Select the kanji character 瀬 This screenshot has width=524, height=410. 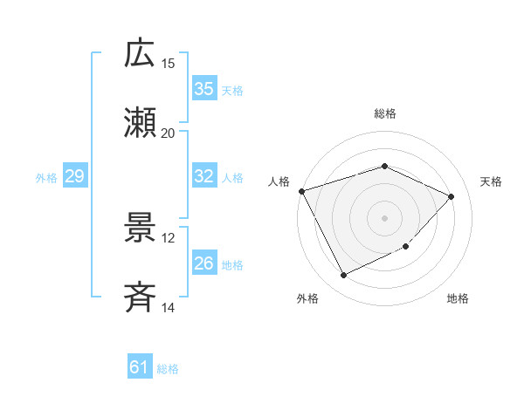point(140,123)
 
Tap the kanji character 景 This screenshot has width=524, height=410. point(140,228)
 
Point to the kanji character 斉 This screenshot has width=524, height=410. point(140,297)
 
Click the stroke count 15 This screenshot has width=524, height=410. point(169,64)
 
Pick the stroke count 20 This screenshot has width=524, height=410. point(169,133)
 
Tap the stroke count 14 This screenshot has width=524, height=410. point(169,308)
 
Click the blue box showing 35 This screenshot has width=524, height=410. point(204,89)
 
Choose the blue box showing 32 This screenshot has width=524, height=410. point(204,176)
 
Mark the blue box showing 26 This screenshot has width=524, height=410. point(204,263)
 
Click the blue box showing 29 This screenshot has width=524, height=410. point(75,176)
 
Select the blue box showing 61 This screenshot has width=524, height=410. point(140,368)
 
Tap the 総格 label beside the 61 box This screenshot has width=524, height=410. point(168,369)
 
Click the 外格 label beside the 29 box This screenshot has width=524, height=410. point(46,177)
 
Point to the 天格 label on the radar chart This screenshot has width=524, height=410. point(492,181)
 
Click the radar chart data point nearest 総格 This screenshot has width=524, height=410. point(384,166)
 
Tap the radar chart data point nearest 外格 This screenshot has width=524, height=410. point(343,276)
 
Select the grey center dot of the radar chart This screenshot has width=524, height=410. point(384,217)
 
